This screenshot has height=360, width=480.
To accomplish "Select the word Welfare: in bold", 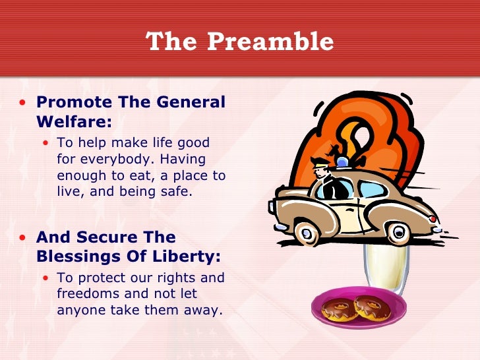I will (x=74, y=121).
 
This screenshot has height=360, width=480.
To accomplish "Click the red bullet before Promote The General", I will (x=24, y=103).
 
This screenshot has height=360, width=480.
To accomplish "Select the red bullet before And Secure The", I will (x=24, y=237).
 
